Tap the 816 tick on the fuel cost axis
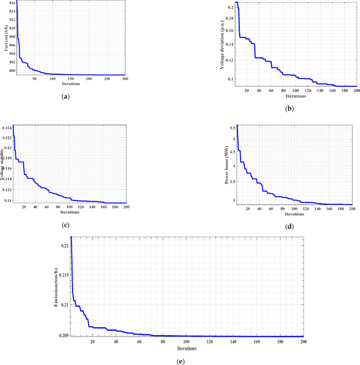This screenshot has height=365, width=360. pos(12,3)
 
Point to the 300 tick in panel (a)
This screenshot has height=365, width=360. pos(125,79)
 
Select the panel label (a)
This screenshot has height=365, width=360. pos(65,97)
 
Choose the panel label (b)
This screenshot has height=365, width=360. pos(289,109)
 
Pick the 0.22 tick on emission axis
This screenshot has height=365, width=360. pos(65,246)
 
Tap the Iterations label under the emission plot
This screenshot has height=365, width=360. pos(187,348)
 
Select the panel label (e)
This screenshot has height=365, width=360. pos(181,361)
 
